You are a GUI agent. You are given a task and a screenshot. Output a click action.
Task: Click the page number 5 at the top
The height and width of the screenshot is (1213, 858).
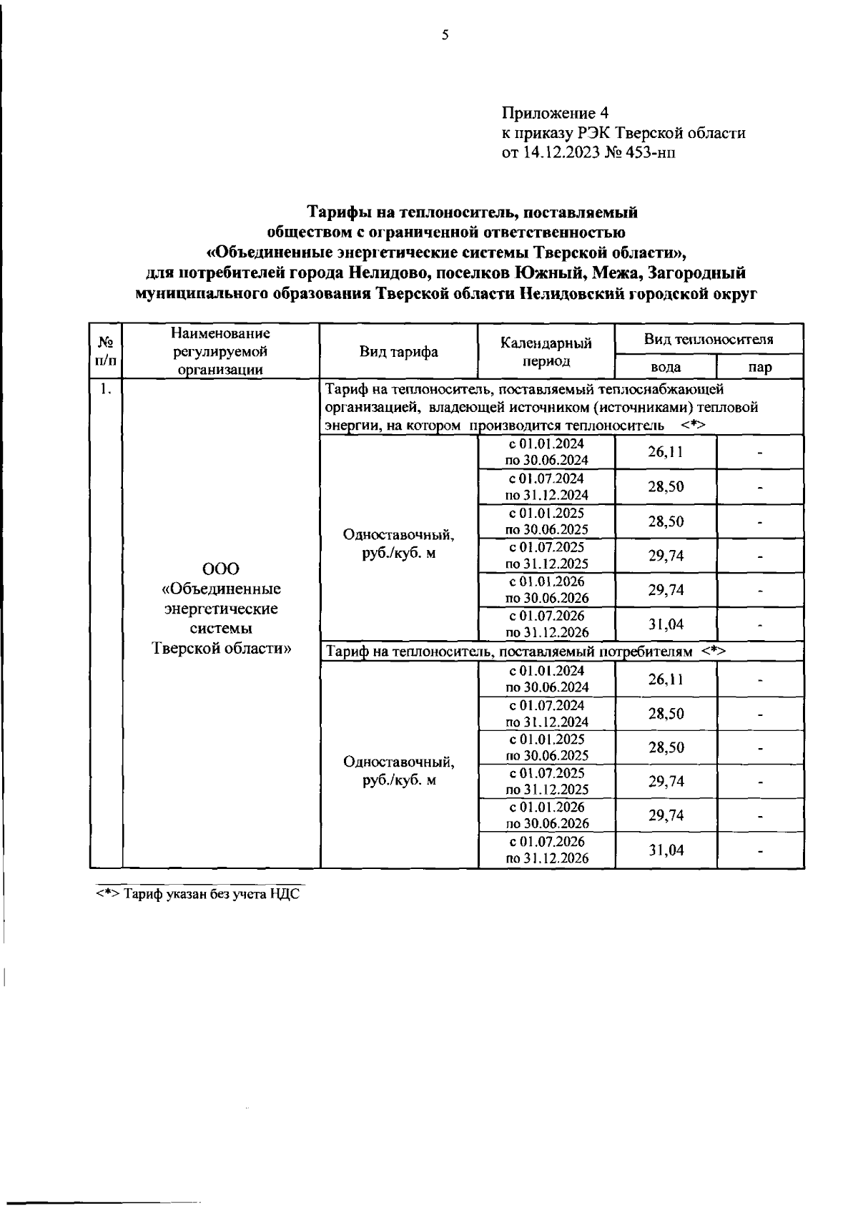coord(445,34)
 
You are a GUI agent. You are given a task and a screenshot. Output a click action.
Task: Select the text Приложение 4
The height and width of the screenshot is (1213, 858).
coord(555,113)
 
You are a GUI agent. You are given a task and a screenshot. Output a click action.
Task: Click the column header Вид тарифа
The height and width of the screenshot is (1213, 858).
coord(398,351)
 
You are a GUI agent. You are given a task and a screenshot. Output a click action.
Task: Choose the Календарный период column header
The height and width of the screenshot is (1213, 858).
coord(546,352)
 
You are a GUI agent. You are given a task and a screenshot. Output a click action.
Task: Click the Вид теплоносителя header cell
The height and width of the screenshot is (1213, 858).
coord(709,339)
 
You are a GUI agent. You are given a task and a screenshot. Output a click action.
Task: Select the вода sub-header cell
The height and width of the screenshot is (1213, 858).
coord(665,367)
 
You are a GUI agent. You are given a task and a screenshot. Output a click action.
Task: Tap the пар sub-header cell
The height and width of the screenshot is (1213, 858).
coord(760,367)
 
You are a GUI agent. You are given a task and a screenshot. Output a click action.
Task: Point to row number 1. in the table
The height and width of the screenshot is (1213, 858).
coord(105,390)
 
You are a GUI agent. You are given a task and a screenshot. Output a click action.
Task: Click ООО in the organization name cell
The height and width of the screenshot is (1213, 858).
coord(221,569)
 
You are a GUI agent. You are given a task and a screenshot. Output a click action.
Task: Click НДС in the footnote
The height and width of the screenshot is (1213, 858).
coord(285,894)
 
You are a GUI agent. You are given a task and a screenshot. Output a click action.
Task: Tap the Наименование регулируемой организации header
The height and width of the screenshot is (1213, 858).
coord(221,351)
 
